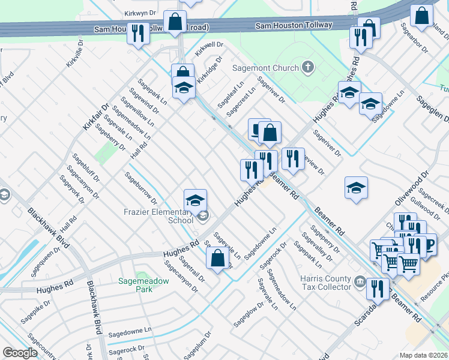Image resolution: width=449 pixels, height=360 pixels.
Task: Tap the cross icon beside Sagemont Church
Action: point(308,67)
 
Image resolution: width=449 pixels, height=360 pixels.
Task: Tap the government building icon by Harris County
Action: point(360,281)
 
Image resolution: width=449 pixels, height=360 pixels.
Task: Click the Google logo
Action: point(20,353)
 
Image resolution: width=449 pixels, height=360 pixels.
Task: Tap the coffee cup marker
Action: point(427,244)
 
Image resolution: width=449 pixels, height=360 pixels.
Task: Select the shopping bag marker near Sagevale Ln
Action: point(218,259)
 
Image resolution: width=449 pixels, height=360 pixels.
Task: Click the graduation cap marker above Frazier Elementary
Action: point(195,200)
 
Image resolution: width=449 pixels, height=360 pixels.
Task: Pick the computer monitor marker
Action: point(259,129)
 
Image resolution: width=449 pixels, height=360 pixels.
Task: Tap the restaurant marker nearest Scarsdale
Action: point(378,289)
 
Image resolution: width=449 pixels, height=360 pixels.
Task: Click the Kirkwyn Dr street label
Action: point(139,12)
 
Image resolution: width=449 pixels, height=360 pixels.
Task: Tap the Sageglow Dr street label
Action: point(249,313)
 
